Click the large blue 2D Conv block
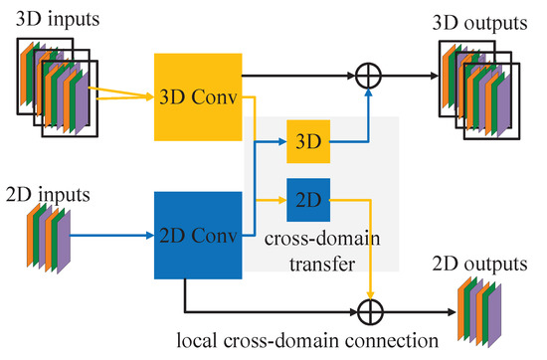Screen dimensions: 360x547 [x=199, y=235]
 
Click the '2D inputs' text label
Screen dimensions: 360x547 [x=47, y=188]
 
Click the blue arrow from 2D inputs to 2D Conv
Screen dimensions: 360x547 [x=114, y=236]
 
